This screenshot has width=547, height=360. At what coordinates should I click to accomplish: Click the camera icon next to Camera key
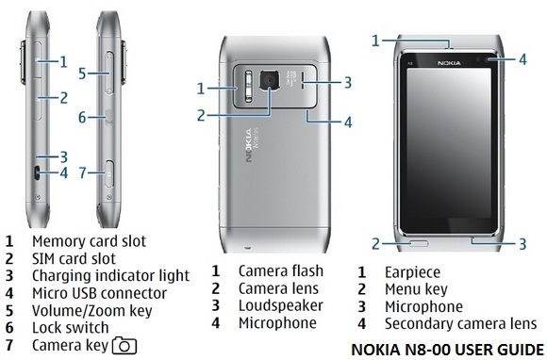(125, 345)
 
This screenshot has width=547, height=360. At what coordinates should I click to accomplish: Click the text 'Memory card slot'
(89, 241)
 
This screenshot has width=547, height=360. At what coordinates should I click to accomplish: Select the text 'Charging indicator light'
(110, 276)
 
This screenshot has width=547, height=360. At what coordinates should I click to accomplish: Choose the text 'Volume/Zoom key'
(90, 310)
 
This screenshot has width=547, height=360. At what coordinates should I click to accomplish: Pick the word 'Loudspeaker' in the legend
(280, 305)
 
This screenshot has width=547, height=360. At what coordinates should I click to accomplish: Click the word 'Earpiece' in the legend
(412, 271)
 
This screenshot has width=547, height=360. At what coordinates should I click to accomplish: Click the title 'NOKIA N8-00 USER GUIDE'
(447, 348)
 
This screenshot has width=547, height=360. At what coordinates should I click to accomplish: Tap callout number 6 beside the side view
(83, 117)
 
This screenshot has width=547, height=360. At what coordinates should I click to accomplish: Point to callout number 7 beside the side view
(83, 172)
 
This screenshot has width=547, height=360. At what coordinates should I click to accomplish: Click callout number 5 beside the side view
(82, 73)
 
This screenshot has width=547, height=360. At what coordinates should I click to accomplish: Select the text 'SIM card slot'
(74, 258)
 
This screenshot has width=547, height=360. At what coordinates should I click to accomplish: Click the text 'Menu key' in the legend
(417, 288)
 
